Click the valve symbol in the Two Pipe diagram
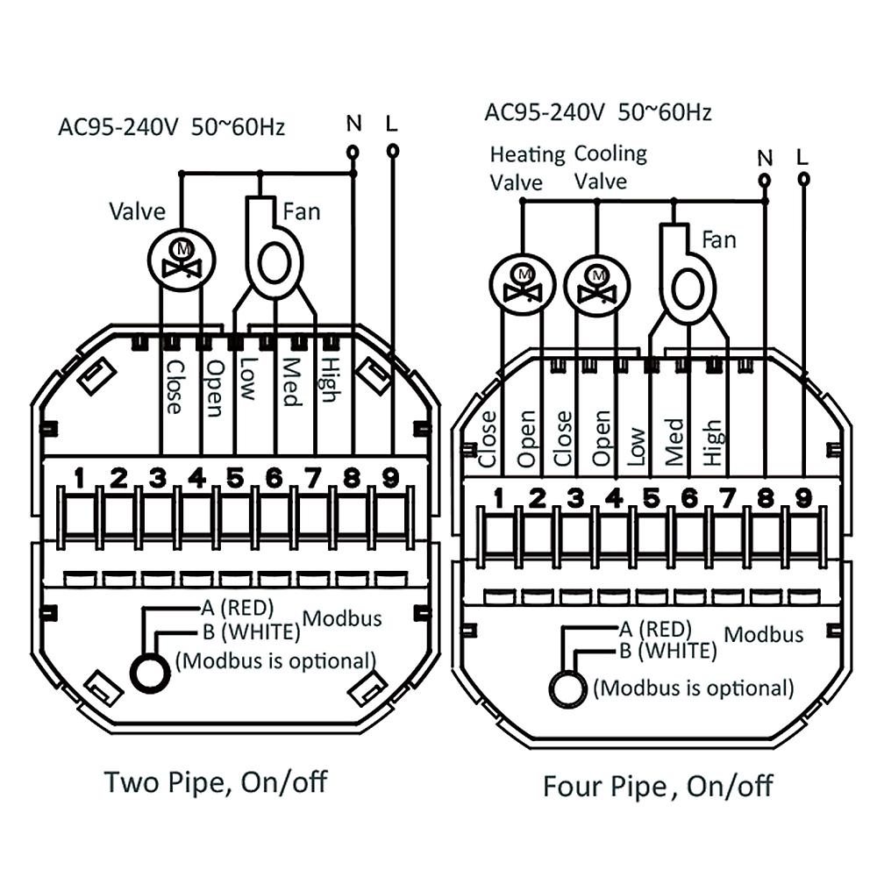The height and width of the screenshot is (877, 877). coord(182,260)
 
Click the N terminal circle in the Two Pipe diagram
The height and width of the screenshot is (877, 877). coord(353,152)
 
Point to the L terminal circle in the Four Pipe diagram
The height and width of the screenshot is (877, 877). coord(803,179)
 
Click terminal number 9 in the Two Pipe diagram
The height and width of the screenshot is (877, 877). coord(390,478)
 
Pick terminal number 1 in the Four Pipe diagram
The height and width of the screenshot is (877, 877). coord(498,498)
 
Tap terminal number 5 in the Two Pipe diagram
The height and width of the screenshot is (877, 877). coord(235,478)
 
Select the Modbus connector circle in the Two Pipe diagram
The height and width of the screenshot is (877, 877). coord(150,673)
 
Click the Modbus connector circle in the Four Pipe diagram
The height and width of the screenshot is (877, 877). coord(568,688)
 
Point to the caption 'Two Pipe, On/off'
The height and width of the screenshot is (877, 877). coord(216,782)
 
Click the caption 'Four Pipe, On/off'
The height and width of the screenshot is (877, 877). coord(658,786)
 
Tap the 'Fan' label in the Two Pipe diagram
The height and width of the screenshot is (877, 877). coord(302,212)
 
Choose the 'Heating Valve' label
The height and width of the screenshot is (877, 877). coord(527,168)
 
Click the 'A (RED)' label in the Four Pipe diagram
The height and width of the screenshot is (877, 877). coord(655,630)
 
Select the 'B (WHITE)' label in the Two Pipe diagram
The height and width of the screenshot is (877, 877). coord(252,632)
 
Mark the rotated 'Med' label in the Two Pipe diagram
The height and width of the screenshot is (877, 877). coord(290,382)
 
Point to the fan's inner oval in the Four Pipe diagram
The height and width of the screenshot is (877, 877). coord(688,289)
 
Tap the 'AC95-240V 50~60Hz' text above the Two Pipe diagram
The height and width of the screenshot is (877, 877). coord(172,127)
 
